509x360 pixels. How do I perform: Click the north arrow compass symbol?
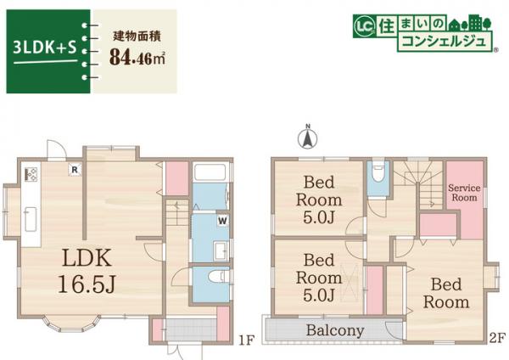pyautogui.click(x=309, y=135)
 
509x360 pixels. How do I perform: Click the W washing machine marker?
pyautogui.click(x=221, y=220)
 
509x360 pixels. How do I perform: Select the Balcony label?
pyautogui.click(x=335, y=330)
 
